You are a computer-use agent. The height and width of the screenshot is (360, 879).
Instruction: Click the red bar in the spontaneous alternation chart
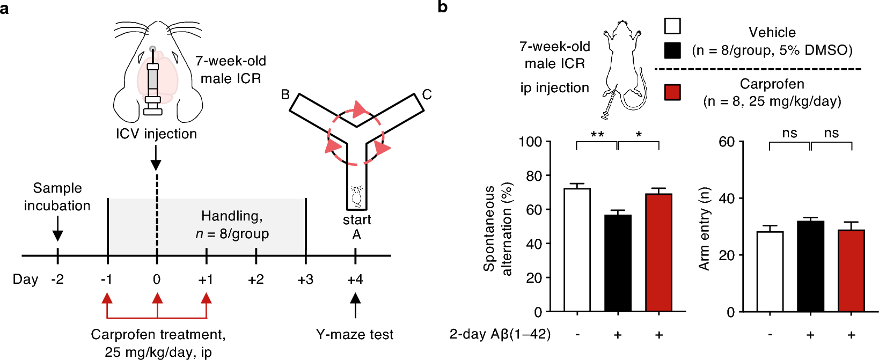coord(658,252)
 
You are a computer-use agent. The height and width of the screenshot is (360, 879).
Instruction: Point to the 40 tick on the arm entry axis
coord(727,199)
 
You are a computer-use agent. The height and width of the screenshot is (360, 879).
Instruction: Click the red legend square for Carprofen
coord(672,92)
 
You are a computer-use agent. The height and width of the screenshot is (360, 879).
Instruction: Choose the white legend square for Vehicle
coord(672,26)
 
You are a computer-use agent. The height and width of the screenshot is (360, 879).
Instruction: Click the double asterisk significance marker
coord(597,134)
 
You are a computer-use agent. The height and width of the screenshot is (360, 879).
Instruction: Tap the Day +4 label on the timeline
coord(355,280)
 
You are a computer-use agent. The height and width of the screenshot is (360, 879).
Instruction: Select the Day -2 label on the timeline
coord(57,280)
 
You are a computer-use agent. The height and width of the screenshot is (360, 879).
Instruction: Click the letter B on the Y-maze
coord(285,95)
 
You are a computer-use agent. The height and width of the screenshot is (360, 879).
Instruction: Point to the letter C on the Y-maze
coord(427,95)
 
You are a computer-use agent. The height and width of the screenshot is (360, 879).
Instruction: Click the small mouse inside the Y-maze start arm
coord(356,196)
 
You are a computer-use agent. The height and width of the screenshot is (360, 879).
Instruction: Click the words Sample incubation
coord(57,197)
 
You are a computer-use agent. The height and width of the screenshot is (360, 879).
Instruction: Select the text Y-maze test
coord(355,335)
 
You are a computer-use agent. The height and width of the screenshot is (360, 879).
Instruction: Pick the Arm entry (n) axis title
coord(704,229)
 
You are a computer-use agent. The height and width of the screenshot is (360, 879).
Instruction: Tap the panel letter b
coord(443,8)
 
